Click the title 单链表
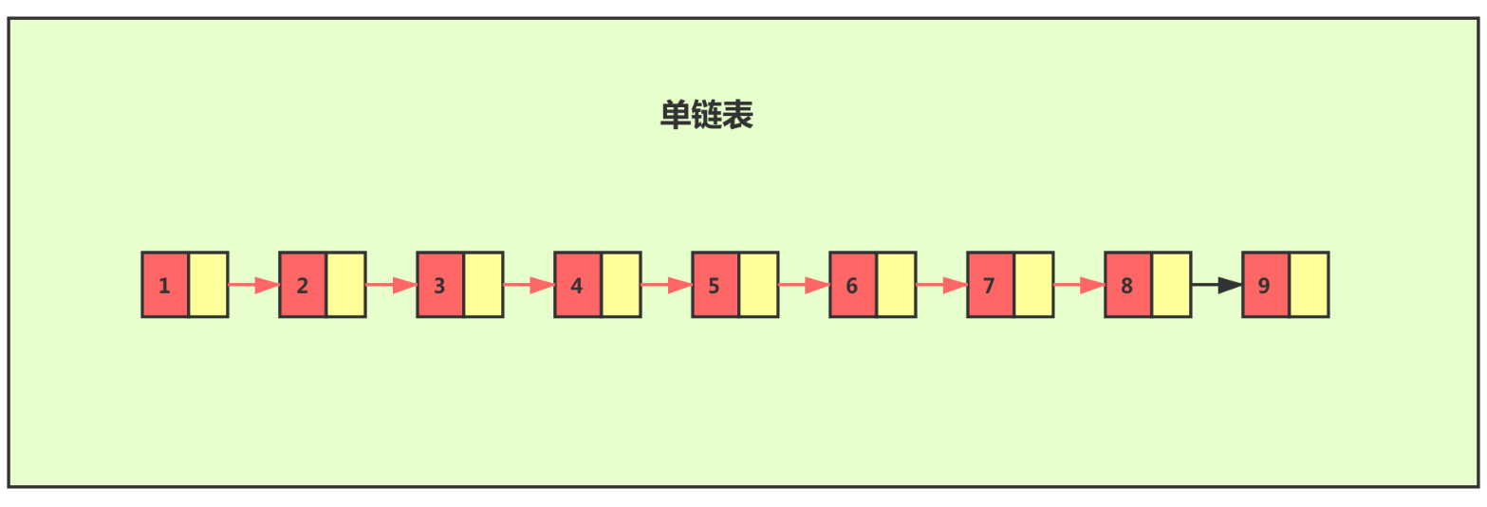point(707,115)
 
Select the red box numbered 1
point(165,285)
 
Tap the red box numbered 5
point(716,285)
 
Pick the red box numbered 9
point(1266,285)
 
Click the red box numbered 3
point(440,285)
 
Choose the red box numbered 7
point(991,285)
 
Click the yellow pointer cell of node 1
point(209,285)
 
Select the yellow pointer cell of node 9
point(1310,285)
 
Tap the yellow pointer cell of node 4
point(622,285)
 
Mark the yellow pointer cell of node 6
point(897,285)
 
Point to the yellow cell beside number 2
point(346,285)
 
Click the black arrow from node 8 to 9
point(1217,285)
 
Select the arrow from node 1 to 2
point(253,285)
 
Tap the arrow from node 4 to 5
point(666,285)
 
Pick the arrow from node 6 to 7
point(941,285)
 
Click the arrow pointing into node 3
point(391,285)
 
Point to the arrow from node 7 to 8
point(1079,285)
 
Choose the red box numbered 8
point(1128,285)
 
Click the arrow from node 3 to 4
point(529,285)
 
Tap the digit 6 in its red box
point(851,286)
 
